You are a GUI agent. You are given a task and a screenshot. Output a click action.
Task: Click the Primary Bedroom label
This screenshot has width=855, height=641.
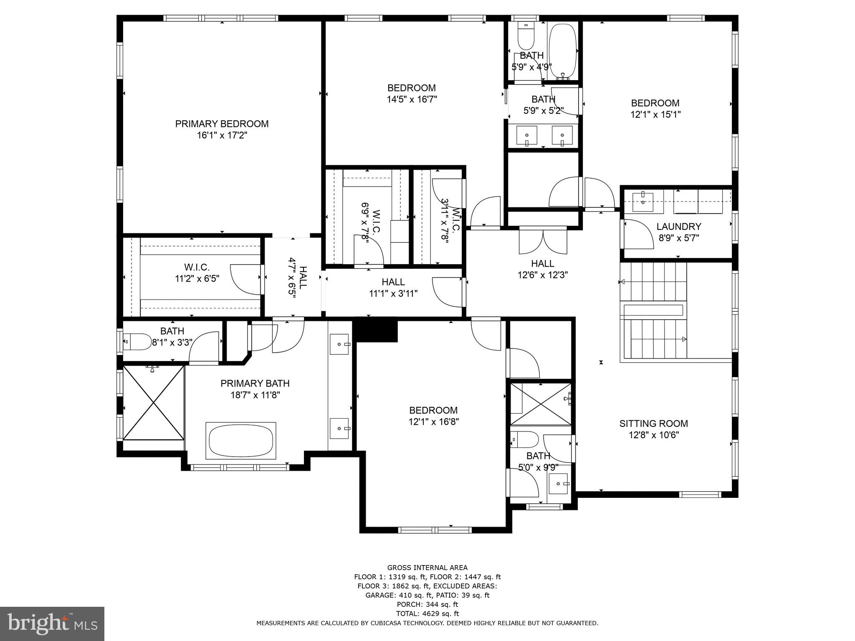click(222, 124)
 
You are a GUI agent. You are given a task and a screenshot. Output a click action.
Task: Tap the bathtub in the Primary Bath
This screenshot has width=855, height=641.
click(241, 441)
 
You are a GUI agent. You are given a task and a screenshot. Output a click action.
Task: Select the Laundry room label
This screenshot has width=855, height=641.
click(678, 227)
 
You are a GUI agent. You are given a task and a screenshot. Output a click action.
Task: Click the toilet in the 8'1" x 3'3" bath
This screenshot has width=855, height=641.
click(137, 342)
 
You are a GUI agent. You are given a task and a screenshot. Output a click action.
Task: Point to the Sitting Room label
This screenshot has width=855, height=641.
click(653, 424)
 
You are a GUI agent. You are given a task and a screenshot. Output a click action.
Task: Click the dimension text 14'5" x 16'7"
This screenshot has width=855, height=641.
click(412, 99)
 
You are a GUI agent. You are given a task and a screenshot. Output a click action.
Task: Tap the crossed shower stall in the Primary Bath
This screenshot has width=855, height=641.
click(154, 403)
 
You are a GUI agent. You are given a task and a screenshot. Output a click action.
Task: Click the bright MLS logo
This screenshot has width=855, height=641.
click(52, 623)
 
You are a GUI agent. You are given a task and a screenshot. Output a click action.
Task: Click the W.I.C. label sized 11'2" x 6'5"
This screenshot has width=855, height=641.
click(197, 267)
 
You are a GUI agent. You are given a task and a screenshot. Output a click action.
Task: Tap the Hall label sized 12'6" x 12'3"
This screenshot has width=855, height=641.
click(543, 264)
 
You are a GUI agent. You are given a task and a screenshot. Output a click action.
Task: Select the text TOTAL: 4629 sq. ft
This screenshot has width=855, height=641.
click(427, 613)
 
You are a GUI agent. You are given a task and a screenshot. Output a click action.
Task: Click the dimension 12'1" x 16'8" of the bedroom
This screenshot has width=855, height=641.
click(434, 422)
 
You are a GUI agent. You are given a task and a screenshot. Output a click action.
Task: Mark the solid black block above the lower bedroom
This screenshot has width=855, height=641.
click(375, 330)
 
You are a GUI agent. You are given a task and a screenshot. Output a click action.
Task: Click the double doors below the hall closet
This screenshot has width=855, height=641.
click(543, 242)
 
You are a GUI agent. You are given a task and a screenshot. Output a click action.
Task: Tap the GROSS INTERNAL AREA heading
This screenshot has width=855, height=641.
click(427, 568)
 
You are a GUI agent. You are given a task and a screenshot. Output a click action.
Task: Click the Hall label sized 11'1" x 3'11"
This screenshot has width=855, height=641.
click(393, 283)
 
